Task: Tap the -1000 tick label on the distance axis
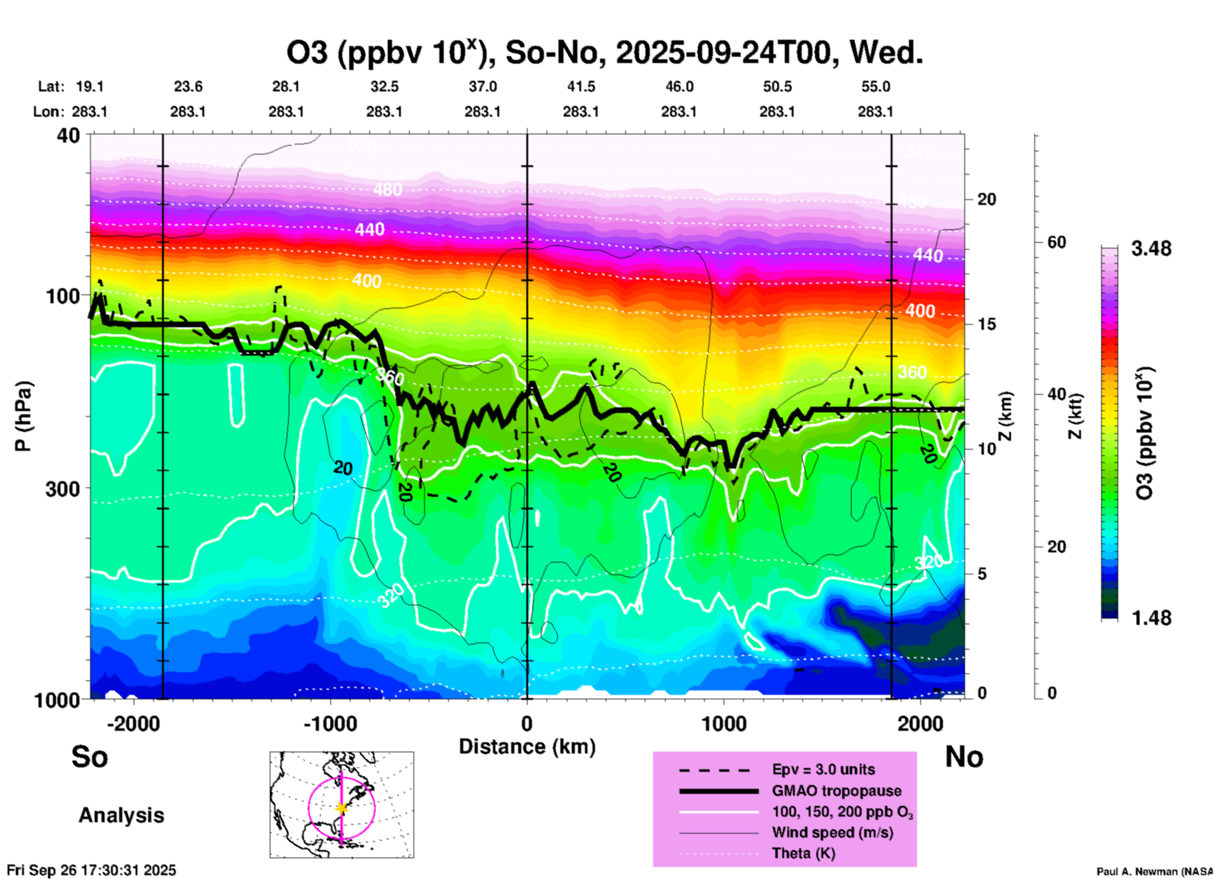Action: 330,723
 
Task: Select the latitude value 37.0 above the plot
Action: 482,86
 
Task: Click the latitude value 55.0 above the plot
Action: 875,86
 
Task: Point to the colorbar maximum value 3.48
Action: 1151,249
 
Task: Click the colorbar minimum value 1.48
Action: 1151,618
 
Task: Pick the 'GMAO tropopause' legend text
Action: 836,791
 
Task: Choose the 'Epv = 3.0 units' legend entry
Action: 823,769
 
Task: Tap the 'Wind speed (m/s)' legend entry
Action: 832,832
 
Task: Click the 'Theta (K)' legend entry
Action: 803,853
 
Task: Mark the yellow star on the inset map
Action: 342,808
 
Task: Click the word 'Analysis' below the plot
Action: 121,815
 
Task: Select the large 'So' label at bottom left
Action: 90,757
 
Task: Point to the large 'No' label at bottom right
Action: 964,757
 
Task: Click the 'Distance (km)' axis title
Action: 527,747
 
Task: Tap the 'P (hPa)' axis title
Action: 23,416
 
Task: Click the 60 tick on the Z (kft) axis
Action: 1057,242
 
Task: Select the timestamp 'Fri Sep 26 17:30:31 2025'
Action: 91,870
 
